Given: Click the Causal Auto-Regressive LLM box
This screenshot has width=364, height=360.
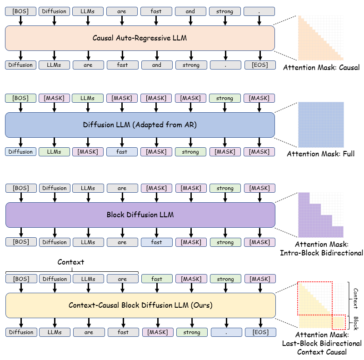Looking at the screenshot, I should pyautogui.click(x=140, y=38).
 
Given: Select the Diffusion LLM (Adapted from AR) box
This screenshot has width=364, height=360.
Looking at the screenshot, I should pyautogui.click(x=140, y=125).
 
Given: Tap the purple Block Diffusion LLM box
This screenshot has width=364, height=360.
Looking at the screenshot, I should pyautogui.click(x=140, y=215).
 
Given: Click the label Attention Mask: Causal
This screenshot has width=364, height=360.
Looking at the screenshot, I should pyautogui.click(x=321, y=68).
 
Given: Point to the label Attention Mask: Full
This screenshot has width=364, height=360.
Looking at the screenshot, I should pyautogui.click(x=321, y=154).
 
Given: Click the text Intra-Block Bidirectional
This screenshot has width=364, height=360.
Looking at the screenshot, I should pyautogui.click(x=321, y=253).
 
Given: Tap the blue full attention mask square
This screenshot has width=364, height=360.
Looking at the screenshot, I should pyautogui.click(x=321, y=125).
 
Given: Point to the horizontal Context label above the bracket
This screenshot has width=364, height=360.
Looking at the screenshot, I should pyautogui.click(x=71, y=262).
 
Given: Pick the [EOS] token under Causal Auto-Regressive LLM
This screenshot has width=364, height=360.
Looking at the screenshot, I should pyautogui.click(x=259, y=65).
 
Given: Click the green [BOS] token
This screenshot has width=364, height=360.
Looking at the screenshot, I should pyautogui.click(x=20, y=98).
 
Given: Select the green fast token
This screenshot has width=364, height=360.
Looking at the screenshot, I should pyautogui.click(x=157, y=279).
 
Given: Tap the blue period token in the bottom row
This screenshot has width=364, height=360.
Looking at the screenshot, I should pyautogui.click(x=226, y=332).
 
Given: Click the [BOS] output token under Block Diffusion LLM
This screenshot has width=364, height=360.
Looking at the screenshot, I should pyautogui.click(x=20, y=242).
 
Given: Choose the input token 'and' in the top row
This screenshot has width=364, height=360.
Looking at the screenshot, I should pyautogui.click(x=190, y=11).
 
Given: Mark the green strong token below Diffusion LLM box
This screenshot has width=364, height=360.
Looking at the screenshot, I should pyautogui.click(x=190, y=152).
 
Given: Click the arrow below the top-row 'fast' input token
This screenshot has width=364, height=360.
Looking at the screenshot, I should pyautogui.click(x=157, y=21).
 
